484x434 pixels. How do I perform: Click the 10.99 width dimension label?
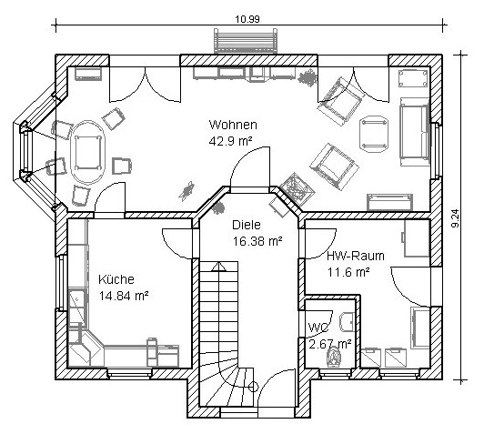[x=247, y=19]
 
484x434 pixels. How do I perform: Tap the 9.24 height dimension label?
[x=455, y=218]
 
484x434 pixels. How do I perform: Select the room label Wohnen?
[x=233, y=125]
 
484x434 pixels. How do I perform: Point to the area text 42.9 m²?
[x=231, y=141]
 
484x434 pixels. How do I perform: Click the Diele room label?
[x=247, y=225]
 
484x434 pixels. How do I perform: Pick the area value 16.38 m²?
[x=257, y=241]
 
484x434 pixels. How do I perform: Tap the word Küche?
[x=116, y=279]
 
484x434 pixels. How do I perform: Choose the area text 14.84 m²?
[x=124, y=296]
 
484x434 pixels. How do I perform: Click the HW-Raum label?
[x=356, y=256]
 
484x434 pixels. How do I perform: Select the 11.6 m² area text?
[x=348, y=273]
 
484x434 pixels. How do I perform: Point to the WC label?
[x=318, y=328]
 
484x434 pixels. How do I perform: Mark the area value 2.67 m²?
[x=330, y=344]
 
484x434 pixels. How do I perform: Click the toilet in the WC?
[x=334, y=358]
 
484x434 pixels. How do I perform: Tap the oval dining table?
[x=88, y=152]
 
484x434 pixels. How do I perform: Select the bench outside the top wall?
[x=246, y=41]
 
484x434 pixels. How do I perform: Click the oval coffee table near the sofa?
[x=374, y=134]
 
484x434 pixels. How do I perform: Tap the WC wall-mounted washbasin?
[x=348, y=322]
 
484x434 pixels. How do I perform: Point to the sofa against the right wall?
[x=415, y=132]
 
